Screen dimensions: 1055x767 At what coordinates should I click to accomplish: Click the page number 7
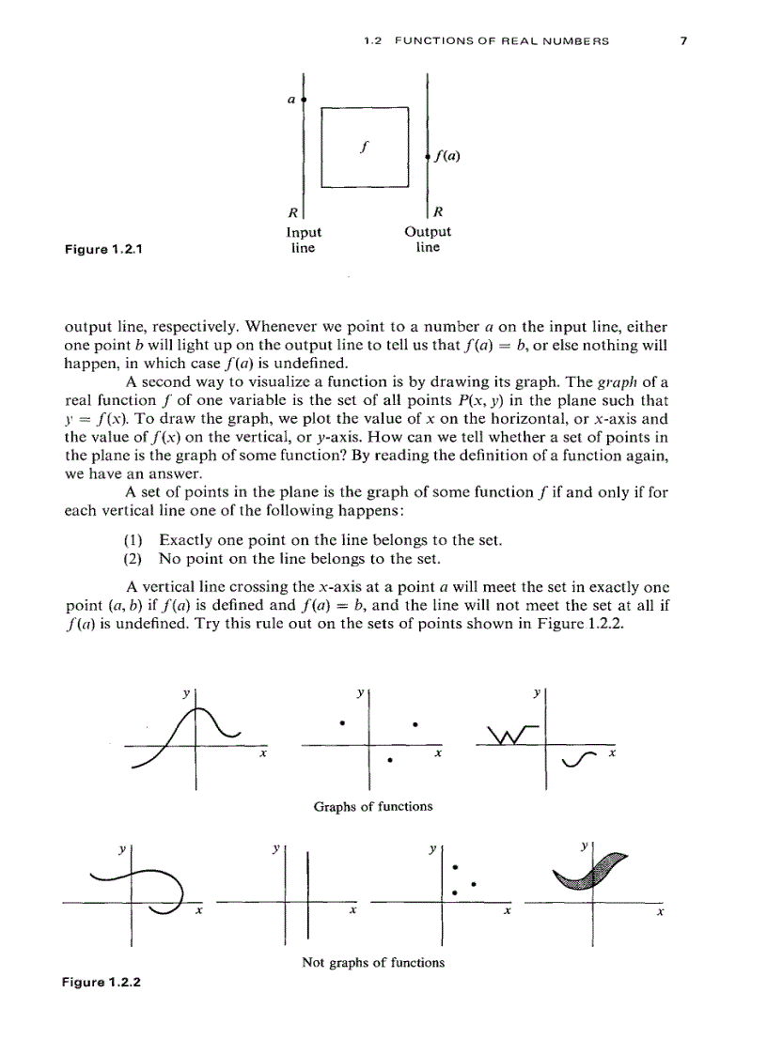click(x=685, y=41)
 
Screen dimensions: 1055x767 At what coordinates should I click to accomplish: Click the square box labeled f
click(x=365, y=147)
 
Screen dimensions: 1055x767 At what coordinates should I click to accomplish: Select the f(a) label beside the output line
click(x=447, y=156)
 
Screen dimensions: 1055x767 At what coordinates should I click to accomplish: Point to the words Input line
click(x=303, y=240)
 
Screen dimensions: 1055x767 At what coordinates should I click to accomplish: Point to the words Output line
click(x=428, y=240)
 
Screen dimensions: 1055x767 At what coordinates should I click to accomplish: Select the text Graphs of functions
click(x=373, y=806)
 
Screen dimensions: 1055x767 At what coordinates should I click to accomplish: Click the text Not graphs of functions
click(x=373, y=962)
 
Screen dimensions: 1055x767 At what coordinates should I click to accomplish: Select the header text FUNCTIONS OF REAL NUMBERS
click(x=502, y=41)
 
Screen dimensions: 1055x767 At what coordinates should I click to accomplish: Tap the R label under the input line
click(x=292, y=212)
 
